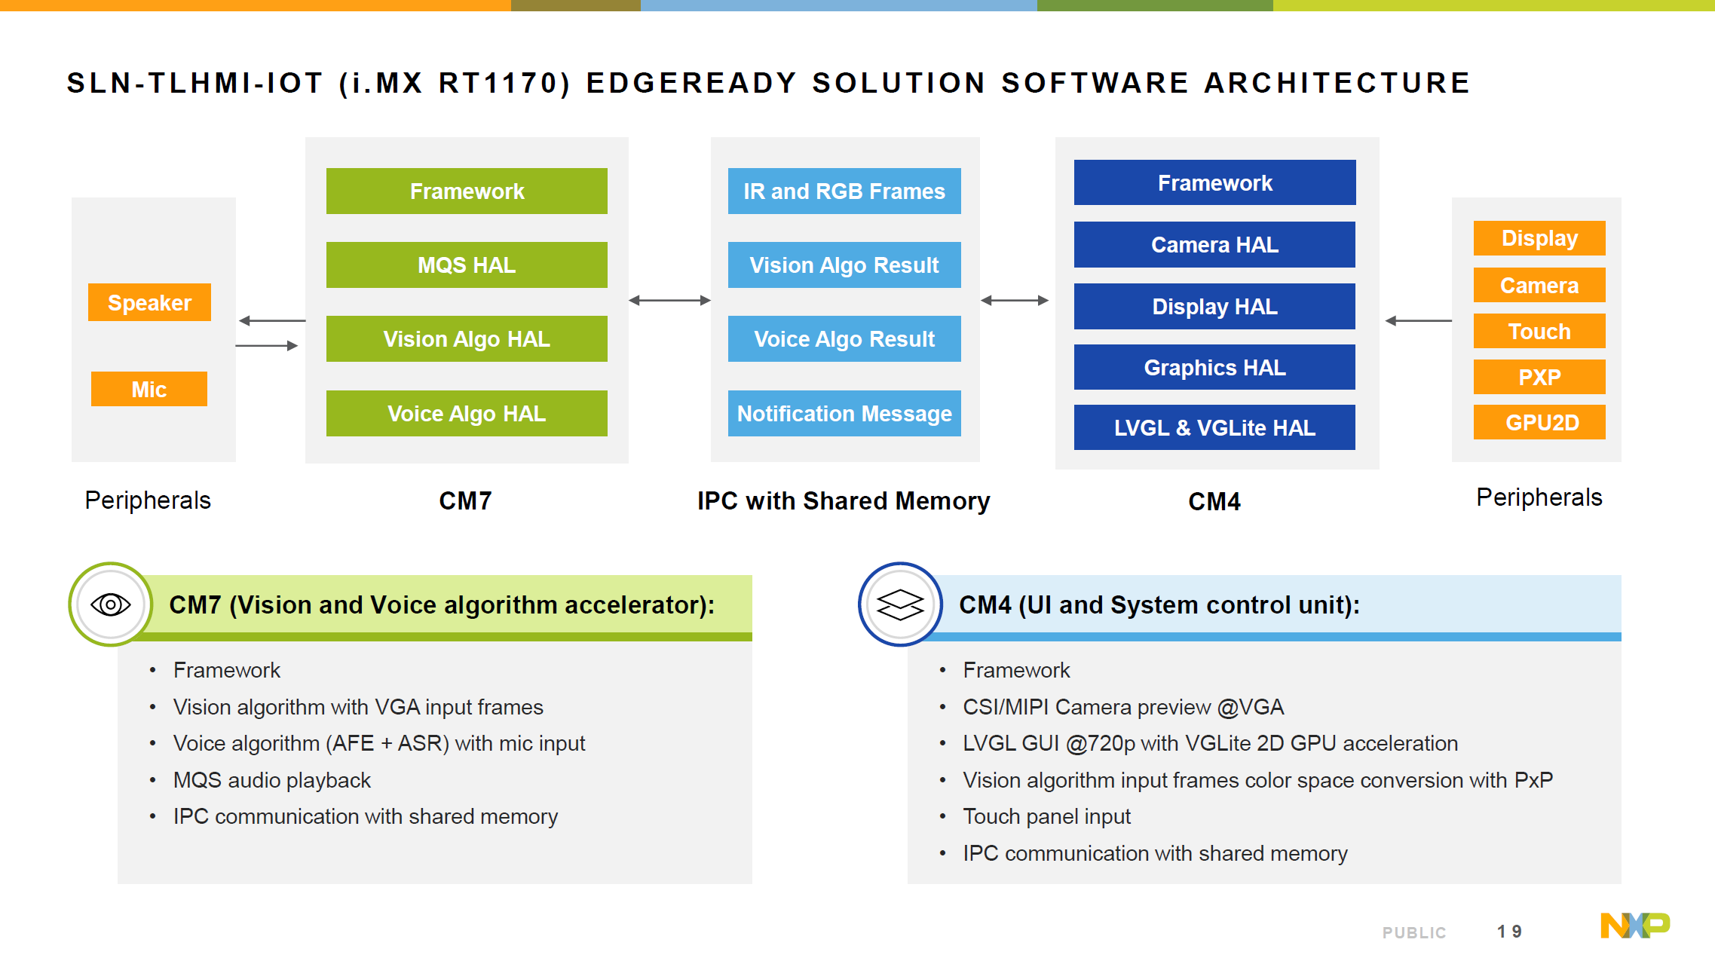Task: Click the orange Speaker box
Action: coord(149,302)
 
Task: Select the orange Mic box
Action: coord(149,389)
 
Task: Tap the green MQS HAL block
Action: coord(467,265)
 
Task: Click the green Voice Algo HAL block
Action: coord(467,413)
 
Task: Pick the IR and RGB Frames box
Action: coord(844,191)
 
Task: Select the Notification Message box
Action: coord(844,413)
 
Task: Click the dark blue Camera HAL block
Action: coord(1214,244)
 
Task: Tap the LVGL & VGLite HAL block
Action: coord(1214,427)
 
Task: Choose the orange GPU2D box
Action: coord(1539,422)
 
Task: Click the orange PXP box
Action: coord(1539,376)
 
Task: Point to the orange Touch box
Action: coord(1539,331)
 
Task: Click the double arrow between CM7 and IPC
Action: coord(669,300)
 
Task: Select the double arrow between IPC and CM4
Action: coord(1015,300)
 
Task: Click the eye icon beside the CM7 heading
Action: coord(111,604)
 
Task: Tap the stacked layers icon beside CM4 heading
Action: coord(900,604)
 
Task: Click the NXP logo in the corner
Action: coord(1634,926)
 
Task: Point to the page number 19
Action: coord(1509,932)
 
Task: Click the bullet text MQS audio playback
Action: coord(272,780)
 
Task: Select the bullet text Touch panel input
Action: coord(1046,816)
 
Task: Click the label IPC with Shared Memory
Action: coord(844,500)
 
